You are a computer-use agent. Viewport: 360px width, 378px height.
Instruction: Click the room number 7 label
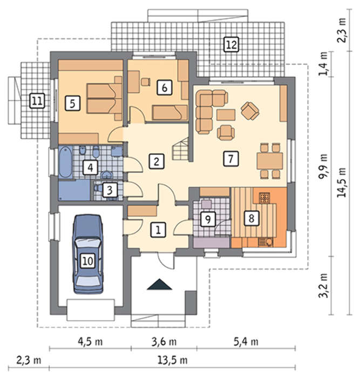tap(231, 159)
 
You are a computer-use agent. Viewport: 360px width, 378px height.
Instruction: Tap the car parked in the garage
tap(88, 254)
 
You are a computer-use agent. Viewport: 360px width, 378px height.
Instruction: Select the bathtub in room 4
tap(65, 162)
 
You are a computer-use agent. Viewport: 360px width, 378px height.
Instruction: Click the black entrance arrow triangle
tap(159, 284)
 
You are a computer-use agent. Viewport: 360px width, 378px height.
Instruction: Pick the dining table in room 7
tap(270, 161)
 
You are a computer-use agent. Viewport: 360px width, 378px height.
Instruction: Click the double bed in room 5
tap(104, 98)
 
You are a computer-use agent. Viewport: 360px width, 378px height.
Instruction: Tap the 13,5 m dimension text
tap(173, 360)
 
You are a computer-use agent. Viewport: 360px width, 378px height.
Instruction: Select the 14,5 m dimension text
tap(342, 183)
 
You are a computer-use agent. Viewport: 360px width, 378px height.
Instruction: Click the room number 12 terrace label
tap(232, 44)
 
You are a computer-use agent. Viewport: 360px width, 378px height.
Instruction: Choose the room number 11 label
tap(37, 100)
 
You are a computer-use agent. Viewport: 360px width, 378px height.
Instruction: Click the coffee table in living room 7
tap(226, 114)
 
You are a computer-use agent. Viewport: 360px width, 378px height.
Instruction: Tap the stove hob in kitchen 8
tap(264, 198)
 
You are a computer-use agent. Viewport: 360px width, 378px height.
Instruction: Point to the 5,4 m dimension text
tap(246, 342)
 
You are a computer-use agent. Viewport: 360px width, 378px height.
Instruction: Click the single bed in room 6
tap(170, 112)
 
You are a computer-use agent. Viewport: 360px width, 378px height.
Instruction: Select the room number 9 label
tap(208, 219)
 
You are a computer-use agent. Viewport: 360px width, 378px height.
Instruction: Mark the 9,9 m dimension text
tap(323, 166)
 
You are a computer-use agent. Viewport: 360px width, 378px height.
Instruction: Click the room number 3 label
tap(110, 190)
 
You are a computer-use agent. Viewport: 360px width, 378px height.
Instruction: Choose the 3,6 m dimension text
tap(164, 342)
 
